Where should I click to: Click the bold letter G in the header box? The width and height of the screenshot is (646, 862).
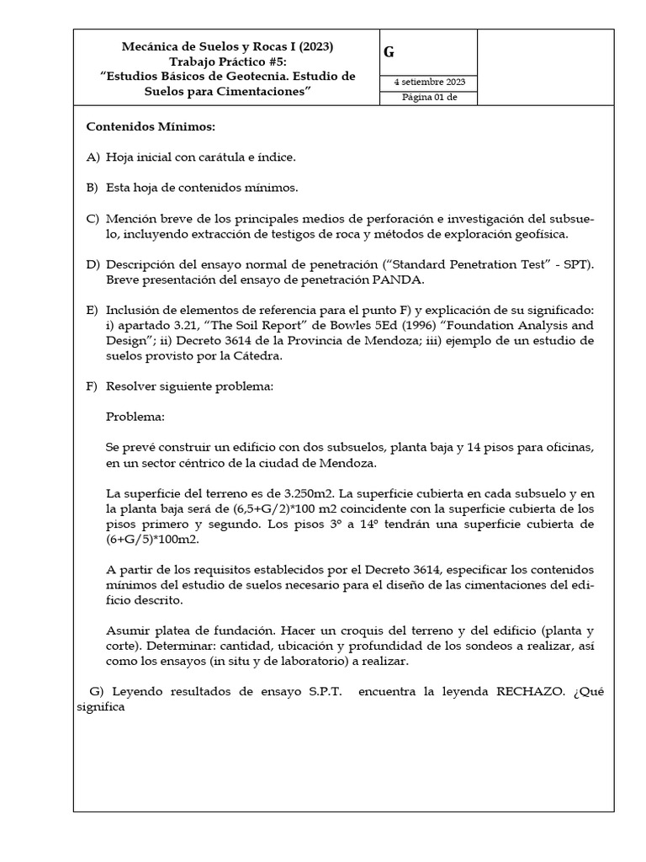pos(389,52)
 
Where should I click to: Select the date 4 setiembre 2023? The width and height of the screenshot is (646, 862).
pos(429,82)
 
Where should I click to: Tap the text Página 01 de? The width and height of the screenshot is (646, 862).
pos(428,98)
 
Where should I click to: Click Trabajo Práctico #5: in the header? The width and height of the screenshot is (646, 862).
pos(228,61)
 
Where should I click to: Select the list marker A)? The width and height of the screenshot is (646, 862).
pos(93,157)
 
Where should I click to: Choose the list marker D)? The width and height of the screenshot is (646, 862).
pos(93,265)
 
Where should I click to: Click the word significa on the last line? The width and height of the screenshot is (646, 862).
pos(101,707)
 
